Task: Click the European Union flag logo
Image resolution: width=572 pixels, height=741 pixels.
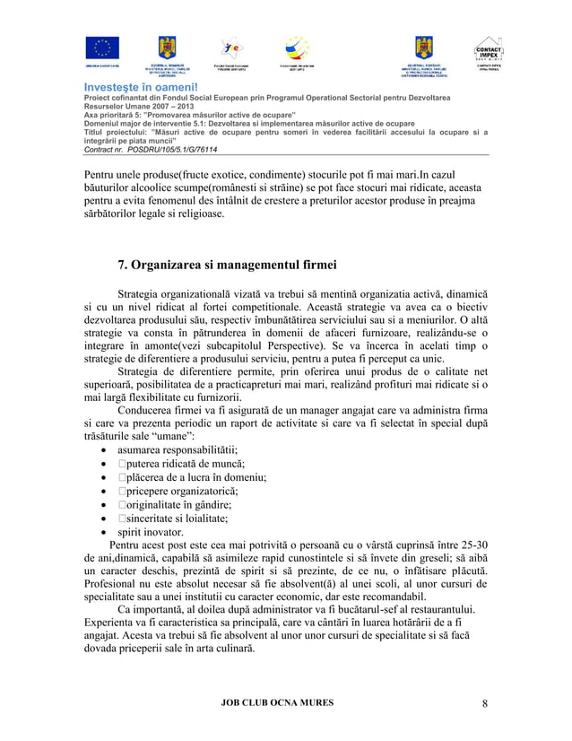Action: pyautogui.click(x=102, y=49)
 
